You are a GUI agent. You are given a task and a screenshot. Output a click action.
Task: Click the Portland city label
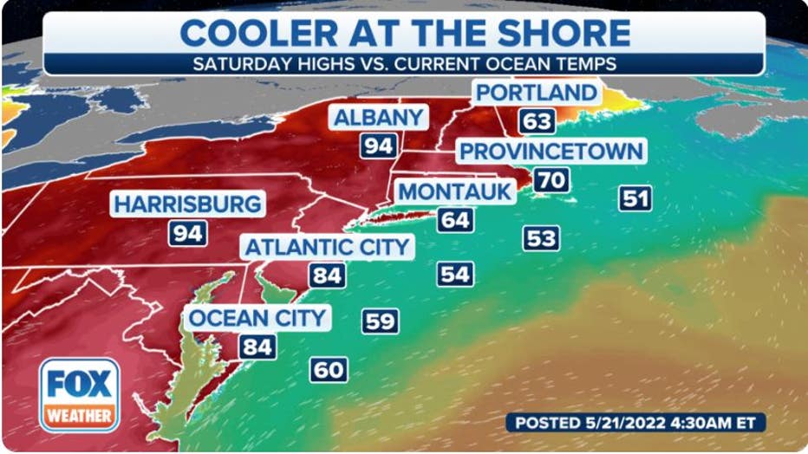point(536,93)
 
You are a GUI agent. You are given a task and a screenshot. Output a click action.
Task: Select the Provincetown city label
point(551,151)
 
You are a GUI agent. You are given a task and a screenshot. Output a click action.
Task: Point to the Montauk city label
point(455,191)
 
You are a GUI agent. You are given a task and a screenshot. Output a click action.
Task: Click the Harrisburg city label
point(187,204)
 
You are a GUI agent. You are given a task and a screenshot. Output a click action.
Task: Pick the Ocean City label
point(257,317)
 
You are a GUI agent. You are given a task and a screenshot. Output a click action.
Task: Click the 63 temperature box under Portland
point(537,120)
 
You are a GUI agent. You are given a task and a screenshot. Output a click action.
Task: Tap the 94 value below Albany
point(378,146)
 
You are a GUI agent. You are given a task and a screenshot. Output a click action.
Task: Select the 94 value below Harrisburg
point(187,232)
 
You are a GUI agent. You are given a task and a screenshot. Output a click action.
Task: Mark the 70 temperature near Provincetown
point(551,180)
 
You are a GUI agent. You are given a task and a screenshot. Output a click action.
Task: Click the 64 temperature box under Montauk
point(454,219)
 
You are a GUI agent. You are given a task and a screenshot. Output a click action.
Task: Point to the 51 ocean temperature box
point(635,198)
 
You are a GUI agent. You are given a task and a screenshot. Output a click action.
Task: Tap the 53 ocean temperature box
point(541,237)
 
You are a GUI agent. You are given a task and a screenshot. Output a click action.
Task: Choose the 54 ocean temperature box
point(454,275)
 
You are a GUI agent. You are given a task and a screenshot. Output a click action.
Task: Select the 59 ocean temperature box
point(380,321)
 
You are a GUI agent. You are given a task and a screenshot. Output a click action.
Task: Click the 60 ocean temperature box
point(329,370)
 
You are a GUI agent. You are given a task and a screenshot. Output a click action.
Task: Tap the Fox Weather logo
point(79,395)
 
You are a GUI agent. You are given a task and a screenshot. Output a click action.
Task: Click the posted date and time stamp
point(636,422)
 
